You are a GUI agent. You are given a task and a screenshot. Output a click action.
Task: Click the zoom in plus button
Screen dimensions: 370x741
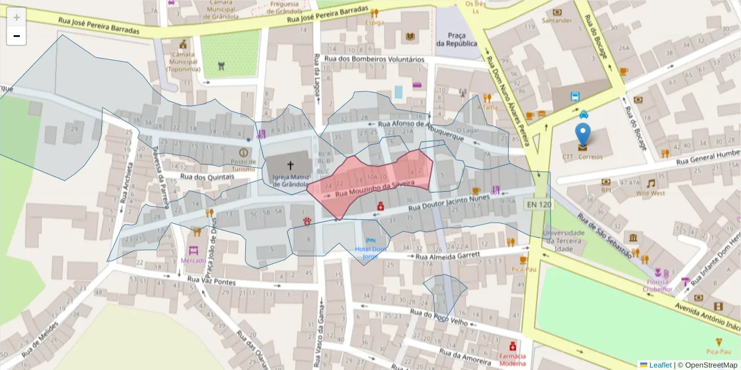[x=17, y=17]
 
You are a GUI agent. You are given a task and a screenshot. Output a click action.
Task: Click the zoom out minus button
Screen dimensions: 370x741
[x=17, y=36]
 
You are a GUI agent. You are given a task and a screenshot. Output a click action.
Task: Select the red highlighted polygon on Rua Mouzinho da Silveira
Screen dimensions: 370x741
[x=371, y=182]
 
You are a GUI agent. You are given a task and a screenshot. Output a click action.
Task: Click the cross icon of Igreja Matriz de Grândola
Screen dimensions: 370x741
[x=290, y=165]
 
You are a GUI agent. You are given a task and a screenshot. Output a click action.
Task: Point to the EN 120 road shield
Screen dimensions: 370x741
[x=537, y=203]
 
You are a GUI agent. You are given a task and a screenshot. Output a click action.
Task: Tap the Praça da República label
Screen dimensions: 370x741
[x=456, y=39]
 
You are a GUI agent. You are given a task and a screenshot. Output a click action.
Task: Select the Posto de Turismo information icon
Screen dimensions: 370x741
[x=243, y=152]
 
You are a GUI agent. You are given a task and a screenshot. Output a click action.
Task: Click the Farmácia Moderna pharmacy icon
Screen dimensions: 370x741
[x=511, y=346]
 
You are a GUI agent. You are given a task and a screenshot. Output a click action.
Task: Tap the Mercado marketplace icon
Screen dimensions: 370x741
[x=193, y=251]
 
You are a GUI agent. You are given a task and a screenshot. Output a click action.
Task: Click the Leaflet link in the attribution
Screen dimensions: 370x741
[x=659, y=365]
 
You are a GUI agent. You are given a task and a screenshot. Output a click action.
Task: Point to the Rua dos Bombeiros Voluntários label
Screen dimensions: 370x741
[x=374, y=60]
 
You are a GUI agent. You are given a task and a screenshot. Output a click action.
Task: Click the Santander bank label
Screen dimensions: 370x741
[x=557, y=20]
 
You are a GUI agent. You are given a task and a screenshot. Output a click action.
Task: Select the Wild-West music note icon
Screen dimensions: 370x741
[x=650, y=183]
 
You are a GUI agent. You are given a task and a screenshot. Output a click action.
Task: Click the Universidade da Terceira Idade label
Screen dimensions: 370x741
[x=564, y=237]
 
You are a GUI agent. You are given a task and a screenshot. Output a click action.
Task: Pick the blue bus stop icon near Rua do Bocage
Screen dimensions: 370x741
[x=575, y=96]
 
